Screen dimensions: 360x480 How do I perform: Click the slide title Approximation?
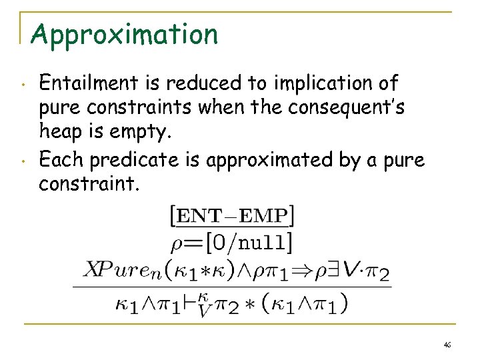124,34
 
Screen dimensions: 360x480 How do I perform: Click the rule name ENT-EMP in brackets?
233,217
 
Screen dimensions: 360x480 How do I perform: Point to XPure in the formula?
113,271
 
